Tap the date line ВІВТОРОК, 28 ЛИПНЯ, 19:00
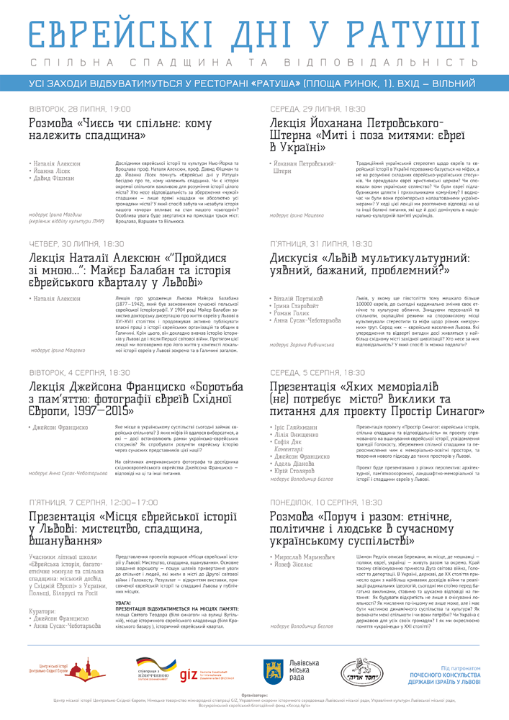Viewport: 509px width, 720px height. point(80,109)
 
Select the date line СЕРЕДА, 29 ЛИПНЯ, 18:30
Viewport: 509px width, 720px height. point(317,109)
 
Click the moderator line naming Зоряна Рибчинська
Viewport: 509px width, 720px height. point(302,345)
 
